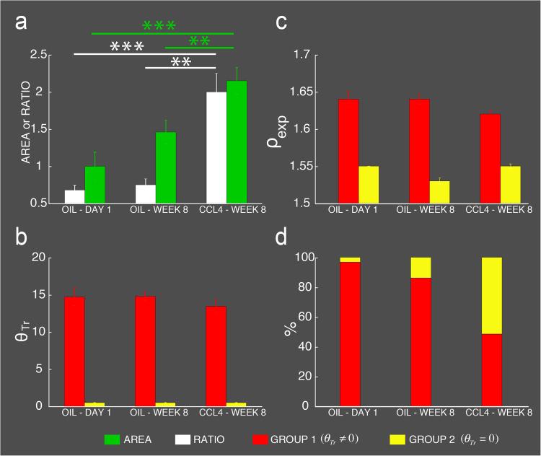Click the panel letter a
pos(22,24)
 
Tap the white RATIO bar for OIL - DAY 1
pos(74,196)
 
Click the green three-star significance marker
pos(159,26)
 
